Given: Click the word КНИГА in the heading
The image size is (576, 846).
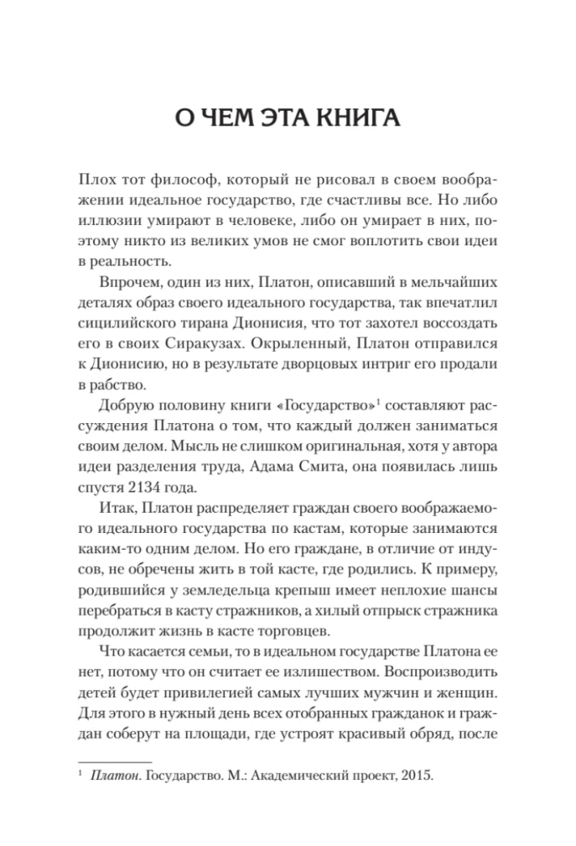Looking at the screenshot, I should pyautogui.click(x=358, y=118).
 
